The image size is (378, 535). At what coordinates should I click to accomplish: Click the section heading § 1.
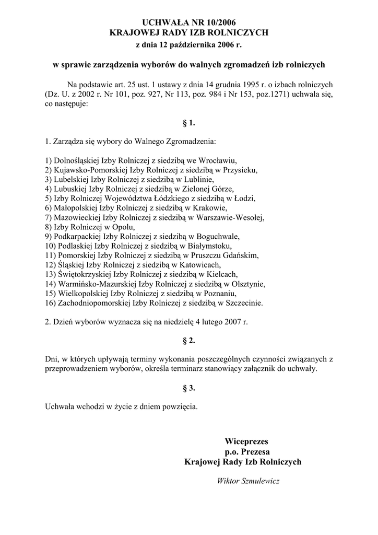188,123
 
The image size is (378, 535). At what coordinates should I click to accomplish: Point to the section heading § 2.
188,341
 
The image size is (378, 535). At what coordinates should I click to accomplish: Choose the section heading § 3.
188,388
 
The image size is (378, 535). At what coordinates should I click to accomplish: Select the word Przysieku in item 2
241,170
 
